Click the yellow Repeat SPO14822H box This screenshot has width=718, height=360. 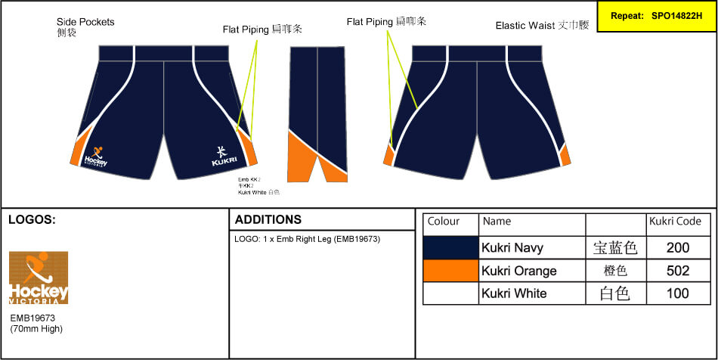tap(656, 15)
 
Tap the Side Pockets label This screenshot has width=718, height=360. tap(85, 22)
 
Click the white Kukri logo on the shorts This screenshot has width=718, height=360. tap(224, 155)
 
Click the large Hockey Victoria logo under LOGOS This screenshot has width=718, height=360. tap(39, 278)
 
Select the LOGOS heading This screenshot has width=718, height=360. tap(32, 220)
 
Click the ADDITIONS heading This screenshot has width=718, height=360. tap(268, 220)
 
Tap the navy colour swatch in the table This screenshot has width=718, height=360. tap(450, 247)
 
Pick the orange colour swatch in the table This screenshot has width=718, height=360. tap(450, 271)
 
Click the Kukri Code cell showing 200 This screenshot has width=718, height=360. tap(678, 247)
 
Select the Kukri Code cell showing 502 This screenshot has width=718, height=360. tap(678, 271)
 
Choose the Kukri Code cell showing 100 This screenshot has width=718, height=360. tap(678, 293)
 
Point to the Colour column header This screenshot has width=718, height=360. tap(444, 222)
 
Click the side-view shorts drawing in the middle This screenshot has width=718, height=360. tap(317, 113)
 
